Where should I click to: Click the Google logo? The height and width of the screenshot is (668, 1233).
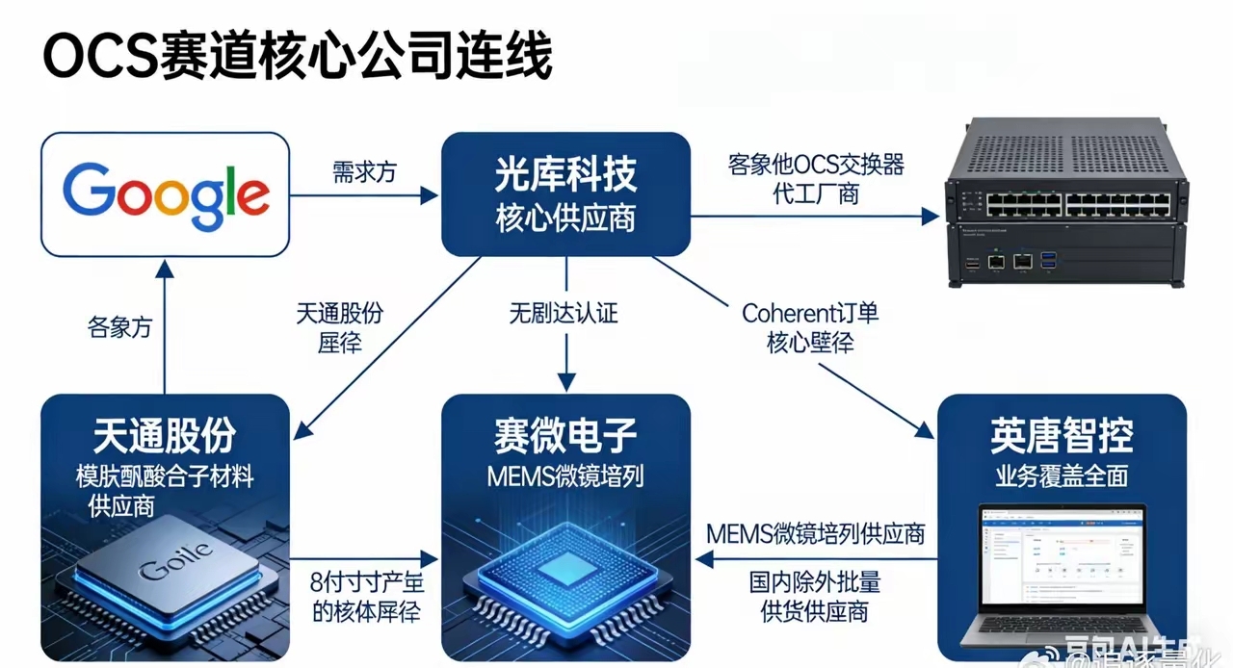(166, 194)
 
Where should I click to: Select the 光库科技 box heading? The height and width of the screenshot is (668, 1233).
(565, 175)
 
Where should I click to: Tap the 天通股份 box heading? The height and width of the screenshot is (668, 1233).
(165, 436)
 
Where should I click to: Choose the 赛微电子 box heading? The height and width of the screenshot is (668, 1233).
(565, 436)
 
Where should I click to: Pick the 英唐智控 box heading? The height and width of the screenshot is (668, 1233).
(1062, 436)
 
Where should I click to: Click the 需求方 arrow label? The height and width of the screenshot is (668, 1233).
(364, 172)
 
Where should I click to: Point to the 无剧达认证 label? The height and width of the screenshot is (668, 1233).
(564, 313)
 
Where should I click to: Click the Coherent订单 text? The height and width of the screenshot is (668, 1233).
(810, 313)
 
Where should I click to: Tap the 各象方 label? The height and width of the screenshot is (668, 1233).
(119, 327)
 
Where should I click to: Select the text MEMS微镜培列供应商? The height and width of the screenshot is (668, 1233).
(815, 533)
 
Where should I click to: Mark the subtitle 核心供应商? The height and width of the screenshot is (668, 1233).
(565, 219)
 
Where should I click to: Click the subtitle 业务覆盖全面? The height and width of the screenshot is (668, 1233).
(1062, 475)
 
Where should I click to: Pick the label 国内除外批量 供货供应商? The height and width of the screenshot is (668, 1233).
(815, 597)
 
